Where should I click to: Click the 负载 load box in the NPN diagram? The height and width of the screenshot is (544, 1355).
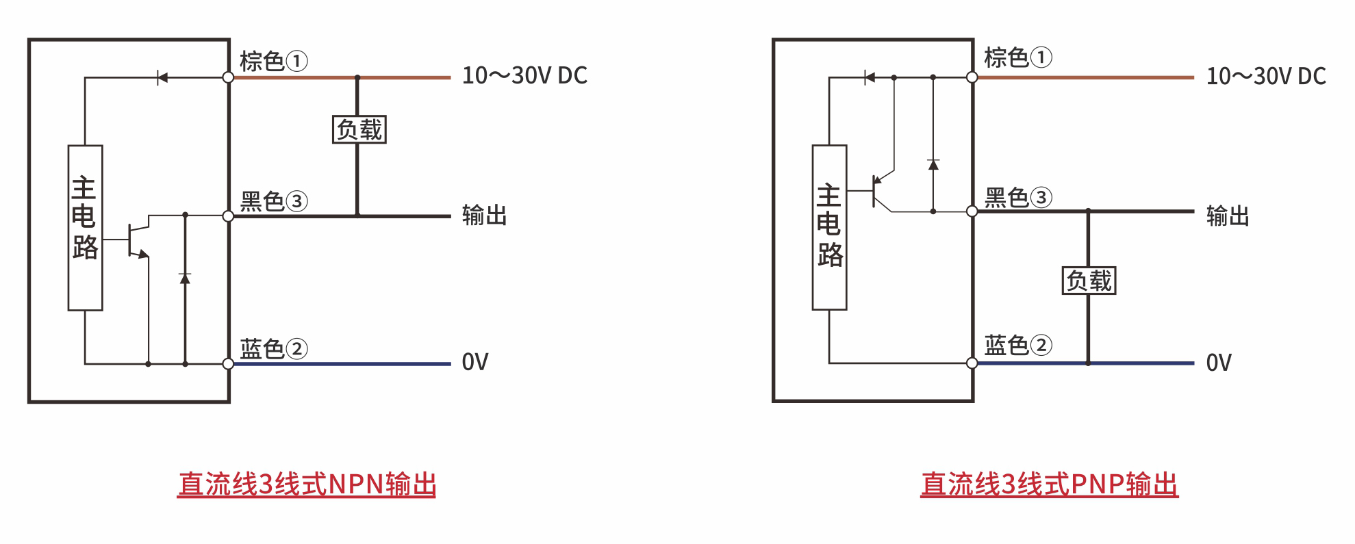(359, 129)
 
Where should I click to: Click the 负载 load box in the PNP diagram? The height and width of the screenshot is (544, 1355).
(1089, 281)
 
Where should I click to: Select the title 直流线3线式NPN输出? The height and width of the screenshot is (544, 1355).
(307, 484)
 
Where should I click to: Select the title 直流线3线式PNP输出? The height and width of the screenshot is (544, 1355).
(1049, 484)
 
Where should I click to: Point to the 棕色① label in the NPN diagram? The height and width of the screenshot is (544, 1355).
(273, 61)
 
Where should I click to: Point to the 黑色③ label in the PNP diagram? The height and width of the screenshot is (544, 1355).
(1018, 198)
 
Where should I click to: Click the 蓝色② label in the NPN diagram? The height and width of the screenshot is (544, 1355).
(273, 348)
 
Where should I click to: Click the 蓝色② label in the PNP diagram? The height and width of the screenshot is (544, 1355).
(1018, 345)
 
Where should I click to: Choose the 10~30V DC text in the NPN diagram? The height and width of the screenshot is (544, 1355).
(524, 75)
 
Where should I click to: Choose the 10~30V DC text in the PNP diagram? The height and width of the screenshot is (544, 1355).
(1266, 76)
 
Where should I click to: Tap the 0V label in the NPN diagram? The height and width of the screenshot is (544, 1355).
(475, 362)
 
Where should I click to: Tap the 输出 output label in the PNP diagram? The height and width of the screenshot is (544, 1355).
(1228, 216)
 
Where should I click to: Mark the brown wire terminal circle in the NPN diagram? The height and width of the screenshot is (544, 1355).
(228, 77)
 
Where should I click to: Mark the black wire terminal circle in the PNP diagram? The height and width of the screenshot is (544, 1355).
(972, 211)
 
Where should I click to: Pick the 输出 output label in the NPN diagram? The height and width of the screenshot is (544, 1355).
(484, 216)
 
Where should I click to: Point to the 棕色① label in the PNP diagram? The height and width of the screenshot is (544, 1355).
(1018, 57)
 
